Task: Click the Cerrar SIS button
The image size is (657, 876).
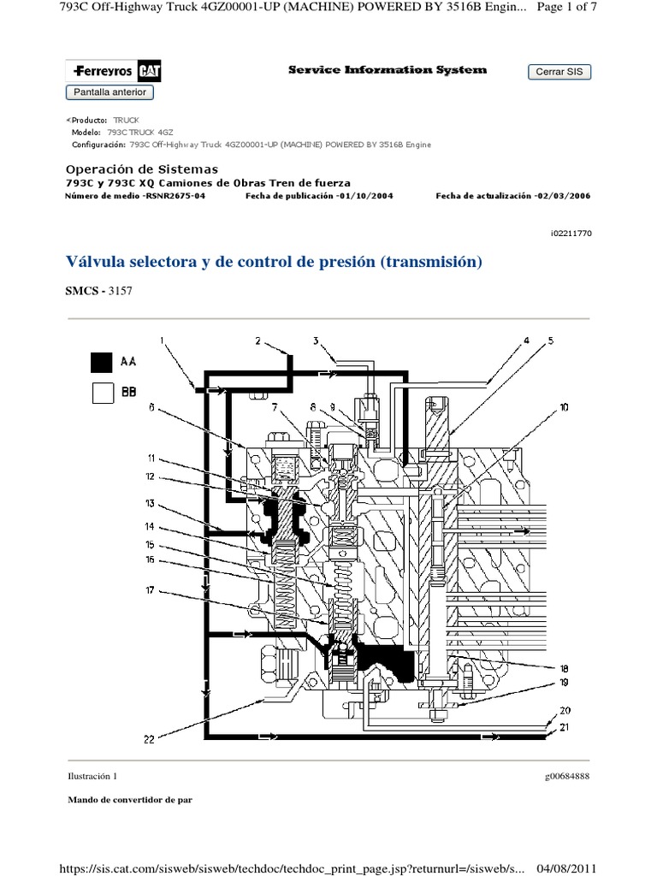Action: click(559, 72)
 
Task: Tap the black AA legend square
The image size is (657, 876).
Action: click(102, 362)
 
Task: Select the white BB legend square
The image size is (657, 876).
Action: click(102, 393)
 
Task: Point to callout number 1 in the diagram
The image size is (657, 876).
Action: click(162, 341)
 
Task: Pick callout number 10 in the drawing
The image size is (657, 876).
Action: click(564, 408)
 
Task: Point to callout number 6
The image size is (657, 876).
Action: click(151, 408)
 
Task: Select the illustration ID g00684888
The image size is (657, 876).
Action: click(566, 776)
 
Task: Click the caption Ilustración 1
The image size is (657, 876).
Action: click(91, 776)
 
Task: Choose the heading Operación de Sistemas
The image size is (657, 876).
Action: click(142, 169)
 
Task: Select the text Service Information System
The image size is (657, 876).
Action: click(388, 70)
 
